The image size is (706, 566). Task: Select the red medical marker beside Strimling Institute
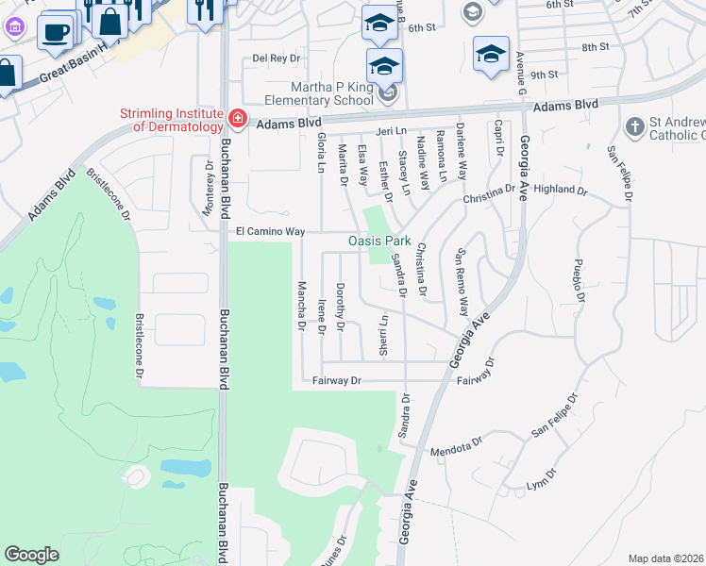point(238,120)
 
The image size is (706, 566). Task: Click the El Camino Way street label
point(270,231)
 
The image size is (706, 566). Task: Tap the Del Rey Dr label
point(276,58)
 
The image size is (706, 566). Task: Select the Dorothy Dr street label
point(341,308)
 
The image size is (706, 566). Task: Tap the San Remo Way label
point(462,283)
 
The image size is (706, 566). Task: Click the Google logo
point(32,555)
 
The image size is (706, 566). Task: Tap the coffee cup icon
point(55,33)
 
